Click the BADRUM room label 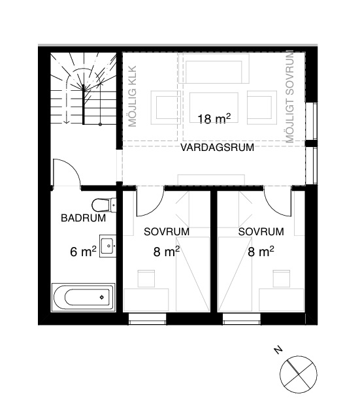[x=84, y=218]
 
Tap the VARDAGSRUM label [x=217, y=148]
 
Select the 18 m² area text [x=214, y=119]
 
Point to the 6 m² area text [x=83, y=252]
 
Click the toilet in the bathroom [x=104, y=205]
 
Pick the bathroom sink [x=108, y=246]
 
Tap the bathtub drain [x=102, y=297]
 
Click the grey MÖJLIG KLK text [x=132, y=96]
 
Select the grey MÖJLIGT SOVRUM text [x=290, y=96]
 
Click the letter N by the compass [x=278, y=350]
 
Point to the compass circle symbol [x=299, y=374]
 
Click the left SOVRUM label [x=167, y=232]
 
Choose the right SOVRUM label [x=261, y=232]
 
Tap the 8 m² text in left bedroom [x=167, y=252]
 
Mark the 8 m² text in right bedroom [x=261, y=252]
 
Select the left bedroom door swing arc [x=155, y=209]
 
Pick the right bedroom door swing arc [x=272, y=209]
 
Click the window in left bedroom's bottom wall [x=148, y=318]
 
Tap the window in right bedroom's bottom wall [x=242, y=318]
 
